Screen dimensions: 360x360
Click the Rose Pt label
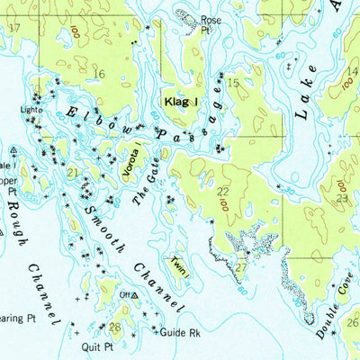tap(211, 24)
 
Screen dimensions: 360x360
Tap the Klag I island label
tap(181, 103)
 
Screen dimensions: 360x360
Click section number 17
tap(13, 28)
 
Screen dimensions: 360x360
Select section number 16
tap(99, 75)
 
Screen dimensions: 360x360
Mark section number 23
tap(342, 198)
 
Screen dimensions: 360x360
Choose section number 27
tap(240, 266)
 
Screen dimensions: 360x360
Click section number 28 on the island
tap(114, 327)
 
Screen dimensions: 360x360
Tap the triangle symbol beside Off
tap(134, 295)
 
